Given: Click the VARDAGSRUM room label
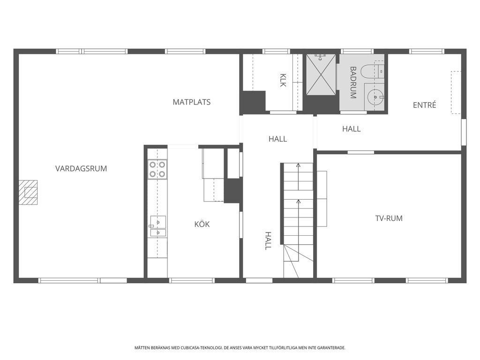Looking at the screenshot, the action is coord(81,168).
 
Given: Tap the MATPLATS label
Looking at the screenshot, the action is coord(192,102).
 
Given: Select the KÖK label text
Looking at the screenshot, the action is coord(202,224).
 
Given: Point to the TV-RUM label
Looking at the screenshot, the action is coord(389,218).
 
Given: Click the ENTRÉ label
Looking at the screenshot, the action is coord(424,105).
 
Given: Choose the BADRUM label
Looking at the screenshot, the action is coord(353,82).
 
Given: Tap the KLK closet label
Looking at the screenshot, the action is coord(283,80).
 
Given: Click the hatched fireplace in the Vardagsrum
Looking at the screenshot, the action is coord(28,192).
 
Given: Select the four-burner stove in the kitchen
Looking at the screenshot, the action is coord(157,169).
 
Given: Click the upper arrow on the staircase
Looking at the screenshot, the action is coord(298,177).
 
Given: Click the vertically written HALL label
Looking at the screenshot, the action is coord(268,241).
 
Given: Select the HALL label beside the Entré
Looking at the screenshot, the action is coord(352,129).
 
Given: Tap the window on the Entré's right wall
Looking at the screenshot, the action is coord(464,132).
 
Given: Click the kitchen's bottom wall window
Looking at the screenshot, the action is coord(192,280).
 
